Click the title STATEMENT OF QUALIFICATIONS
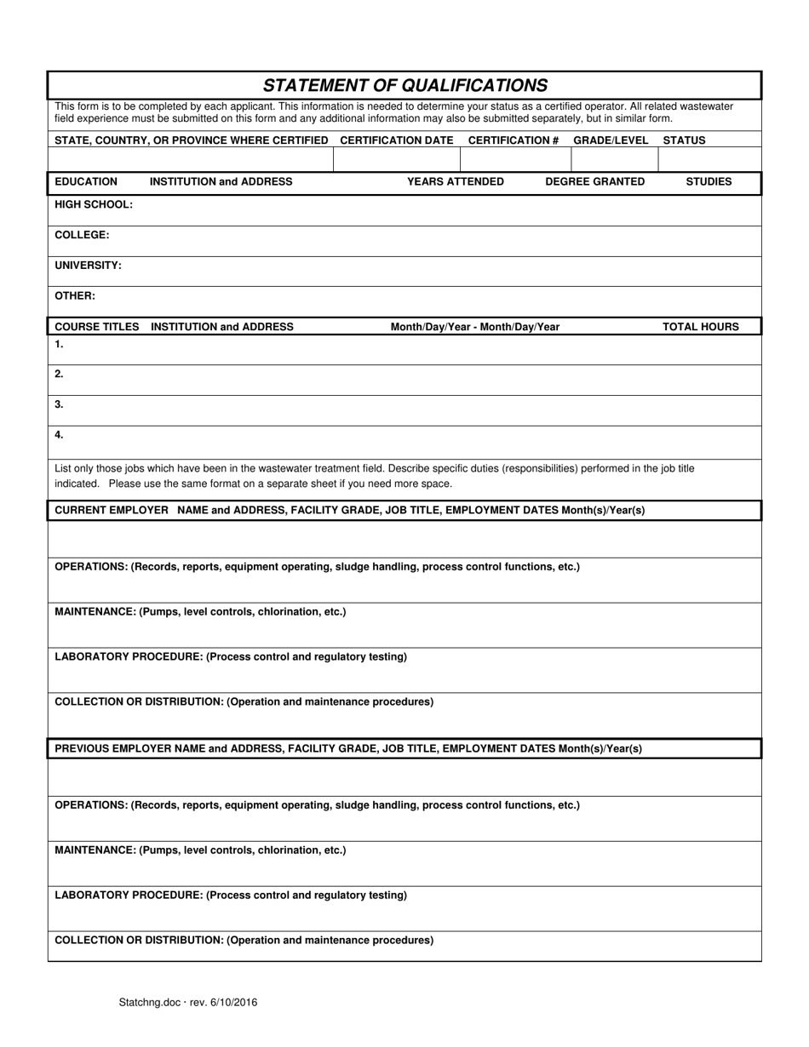404,85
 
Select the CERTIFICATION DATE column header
396,140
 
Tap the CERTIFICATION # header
514,140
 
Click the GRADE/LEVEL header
611,140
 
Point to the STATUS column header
684,140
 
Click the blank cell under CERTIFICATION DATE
396,159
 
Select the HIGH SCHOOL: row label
94,205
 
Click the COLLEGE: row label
82,235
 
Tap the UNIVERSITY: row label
88,266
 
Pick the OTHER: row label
75,296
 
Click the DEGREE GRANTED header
594,182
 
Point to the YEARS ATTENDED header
455,182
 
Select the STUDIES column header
709,182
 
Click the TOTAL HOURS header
700,327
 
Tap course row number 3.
59,405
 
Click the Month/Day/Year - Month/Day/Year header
474,327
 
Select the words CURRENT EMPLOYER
111,511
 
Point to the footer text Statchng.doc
149,1003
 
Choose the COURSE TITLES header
96,327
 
